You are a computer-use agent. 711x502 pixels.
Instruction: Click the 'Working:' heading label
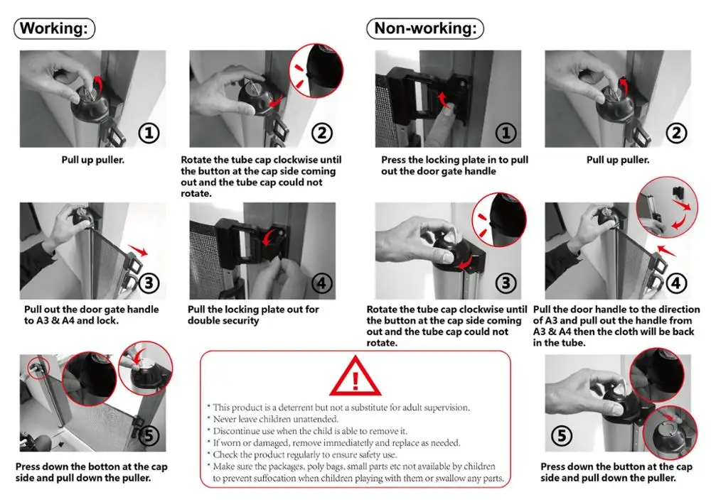[x=55, y=28]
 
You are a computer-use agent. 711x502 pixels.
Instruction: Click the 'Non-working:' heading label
[x=425, y=28]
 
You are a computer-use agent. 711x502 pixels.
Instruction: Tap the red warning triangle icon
[x=355, y=376]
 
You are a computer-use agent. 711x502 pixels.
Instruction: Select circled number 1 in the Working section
[x=149, y=133]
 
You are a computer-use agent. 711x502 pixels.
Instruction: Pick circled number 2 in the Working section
[x=322, y=133]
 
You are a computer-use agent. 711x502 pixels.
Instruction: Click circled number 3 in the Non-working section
[x=506, y=283]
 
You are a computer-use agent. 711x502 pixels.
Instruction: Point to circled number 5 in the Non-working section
[x=562, y=436]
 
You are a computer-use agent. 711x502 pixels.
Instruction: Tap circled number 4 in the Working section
[x=322, y=283]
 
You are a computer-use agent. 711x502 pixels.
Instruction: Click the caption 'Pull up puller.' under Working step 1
[x=93, y=160]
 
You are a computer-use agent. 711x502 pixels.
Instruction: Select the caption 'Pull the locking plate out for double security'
[x=253, y=315]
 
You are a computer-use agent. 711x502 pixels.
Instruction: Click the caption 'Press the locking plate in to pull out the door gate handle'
[x=454, y=165]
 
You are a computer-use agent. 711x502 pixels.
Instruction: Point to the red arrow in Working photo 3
[x=138, y=250]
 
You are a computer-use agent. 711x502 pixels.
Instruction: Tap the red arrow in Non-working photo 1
[x=444, y=100]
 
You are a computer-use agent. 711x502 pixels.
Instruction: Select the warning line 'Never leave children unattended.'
[x=276, y=419]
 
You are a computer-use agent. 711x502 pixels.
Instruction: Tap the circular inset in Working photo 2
[x=316, y=70]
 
